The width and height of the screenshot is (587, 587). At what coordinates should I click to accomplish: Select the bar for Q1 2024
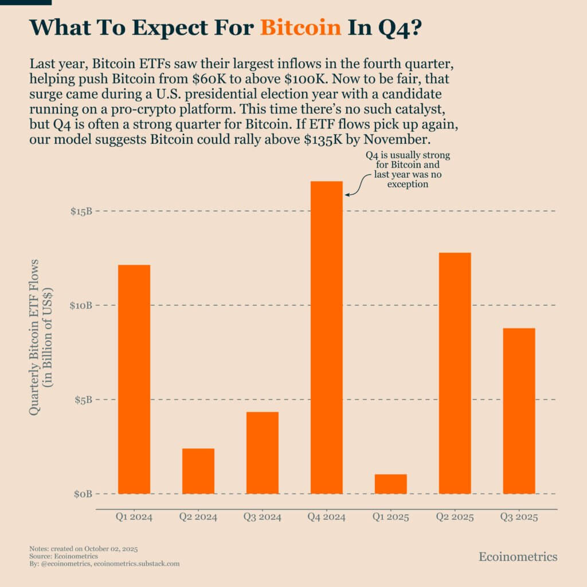[134, 379]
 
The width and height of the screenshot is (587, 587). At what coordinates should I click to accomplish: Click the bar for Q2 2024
[198, 471]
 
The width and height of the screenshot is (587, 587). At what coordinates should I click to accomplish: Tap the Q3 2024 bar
[263, 452]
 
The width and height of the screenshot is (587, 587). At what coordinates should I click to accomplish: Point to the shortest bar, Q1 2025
[391, 484]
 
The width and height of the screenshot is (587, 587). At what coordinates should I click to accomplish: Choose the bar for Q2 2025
[455, 373]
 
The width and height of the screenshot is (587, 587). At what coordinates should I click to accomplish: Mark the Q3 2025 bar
[519, 410]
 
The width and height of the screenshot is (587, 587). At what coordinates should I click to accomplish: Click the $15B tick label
[81, 212]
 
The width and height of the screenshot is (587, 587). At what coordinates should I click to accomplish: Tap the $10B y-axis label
[81, 306]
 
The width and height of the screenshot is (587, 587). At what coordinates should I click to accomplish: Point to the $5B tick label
[83, 400]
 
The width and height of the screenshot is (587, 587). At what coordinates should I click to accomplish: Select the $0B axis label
[83, 494]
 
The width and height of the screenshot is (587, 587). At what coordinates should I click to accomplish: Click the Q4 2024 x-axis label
[327, 518]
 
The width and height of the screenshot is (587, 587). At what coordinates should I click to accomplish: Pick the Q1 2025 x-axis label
[391, 518]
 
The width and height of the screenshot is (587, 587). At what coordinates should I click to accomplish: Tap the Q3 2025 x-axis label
[519, 518]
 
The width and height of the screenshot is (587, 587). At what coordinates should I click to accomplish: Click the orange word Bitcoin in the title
[300, 27]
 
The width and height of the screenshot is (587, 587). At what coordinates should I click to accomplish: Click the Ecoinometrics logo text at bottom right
[518, 557]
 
